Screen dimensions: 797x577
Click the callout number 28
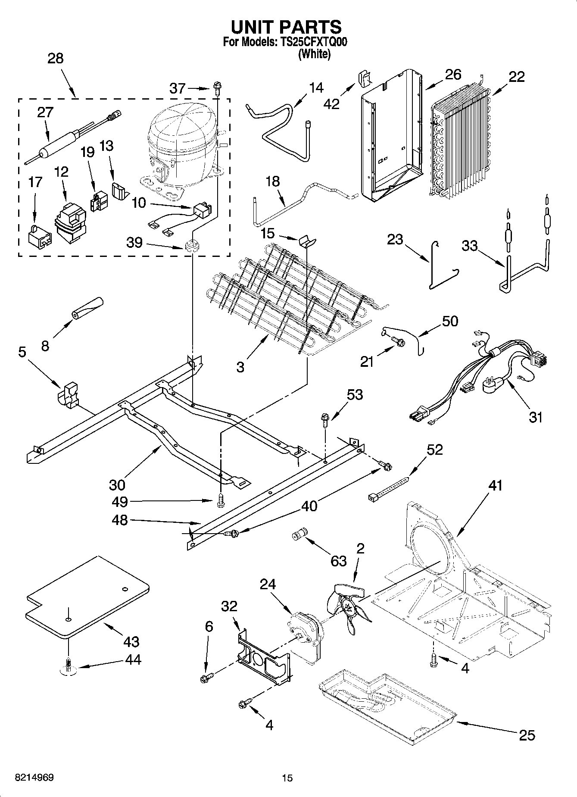pyautogui.click(x=56, y=58)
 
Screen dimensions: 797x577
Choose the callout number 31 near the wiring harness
pyautogui.click(x=536, y=417)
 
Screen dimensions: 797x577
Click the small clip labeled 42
pyautogui.click(x=365, y=79)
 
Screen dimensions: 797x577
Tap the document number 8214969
pyautogui.click(x=34, y=778)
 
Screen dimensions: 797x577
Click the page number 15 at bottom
pyautogui.click(x=287, y=778)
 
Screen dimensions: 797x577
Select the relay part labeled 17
pyautogui.click(x=39, y=237)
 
